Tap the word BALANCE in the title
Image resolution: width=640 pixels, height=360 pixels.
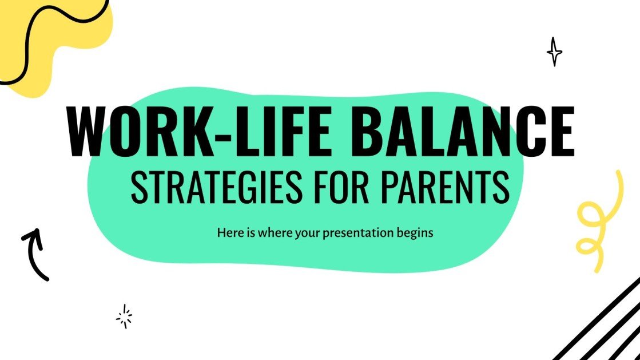(463, 132)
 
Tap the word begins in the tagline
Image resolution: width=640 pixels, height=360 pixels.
(417, 234)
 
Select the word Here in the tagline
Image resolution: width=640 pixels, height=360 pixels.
(228, 233)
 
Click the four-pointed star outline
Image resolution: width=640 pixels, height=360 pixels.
(554, 52)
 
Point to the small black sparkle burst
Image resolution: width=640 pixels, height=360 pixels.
(124, 315)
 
